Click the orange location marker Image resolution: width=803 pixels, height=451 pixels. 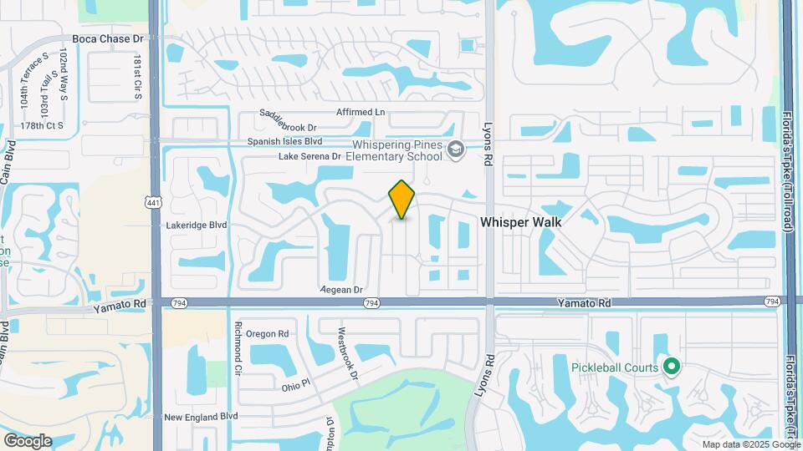point(402,199)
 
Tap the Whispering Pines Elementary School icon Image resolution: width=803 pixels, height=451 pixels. point(456,149)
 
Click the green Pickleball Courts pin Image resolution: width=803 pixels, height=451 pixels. point(670,366)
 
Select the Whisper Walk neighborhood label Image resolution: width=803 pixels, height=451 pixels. point(520,222)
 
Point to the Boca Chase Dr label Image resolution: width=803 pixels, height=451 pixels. point(108,38)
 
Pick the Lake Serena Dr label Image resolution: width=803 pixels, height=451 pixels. point(309,156)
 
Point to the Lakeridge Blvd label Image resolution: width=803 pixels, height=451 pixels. point(197,225)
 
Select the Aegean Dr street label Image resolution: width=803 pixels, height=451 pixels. point(341,290)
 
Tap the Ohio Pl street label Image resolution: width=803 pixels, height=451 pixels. point(296,386)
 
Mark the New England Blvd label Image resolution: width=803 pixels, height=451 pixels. point(201,417)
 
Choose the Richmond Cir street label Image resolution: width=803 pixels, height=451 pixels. point(238,346)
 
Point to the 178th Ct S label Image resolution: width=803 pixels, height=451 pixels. point(42,126)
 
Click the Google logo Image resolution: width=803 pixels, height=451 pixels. point(28,440)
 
